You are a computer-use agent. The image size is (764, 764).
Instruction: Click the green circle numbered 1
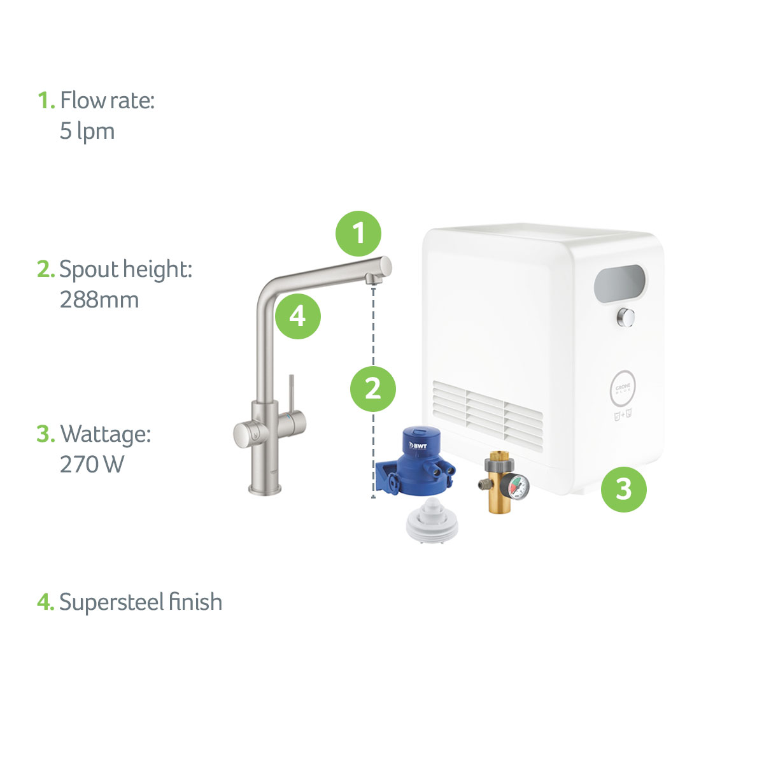point(358,233)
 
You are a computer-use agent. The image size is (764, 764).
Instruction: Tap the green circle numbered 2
point(372,388)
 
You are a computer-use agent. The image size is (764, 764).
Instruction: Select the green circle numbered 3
point(624,489)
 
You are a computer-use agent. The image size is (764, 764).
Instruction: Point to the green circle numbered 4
point(298,316)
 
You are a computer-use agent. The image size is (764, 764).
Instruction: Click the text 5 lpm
point(87,131)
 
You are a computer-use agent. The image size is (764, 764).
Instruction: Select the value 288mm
point(99,299)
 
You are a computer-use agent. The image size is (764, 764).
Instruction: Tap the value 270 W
point(92,464)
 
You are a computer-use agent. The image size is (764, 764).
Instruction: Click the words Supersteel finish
point(140,602)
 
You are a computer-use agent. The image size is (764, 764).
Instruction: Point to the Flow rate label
point(107,100)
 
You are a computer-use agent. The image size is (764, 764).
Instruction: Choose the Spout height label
point(125,269)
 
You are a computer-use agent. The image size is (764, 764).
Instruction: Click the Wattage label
point(105,434)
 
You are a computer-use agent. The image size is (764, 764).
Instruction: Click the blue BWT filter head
point(416,461)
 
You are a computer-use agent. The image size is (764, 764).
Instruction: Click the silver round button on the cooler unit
point(626,318)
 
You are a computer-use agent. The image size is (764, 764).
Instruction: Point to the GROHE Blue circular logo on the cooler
point(623,389)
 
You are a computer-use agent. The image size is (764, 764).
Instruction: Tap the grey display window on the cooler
point(619,283)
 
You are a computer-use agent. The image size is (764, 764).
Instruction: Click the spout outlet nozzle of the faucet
point(373,279)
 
